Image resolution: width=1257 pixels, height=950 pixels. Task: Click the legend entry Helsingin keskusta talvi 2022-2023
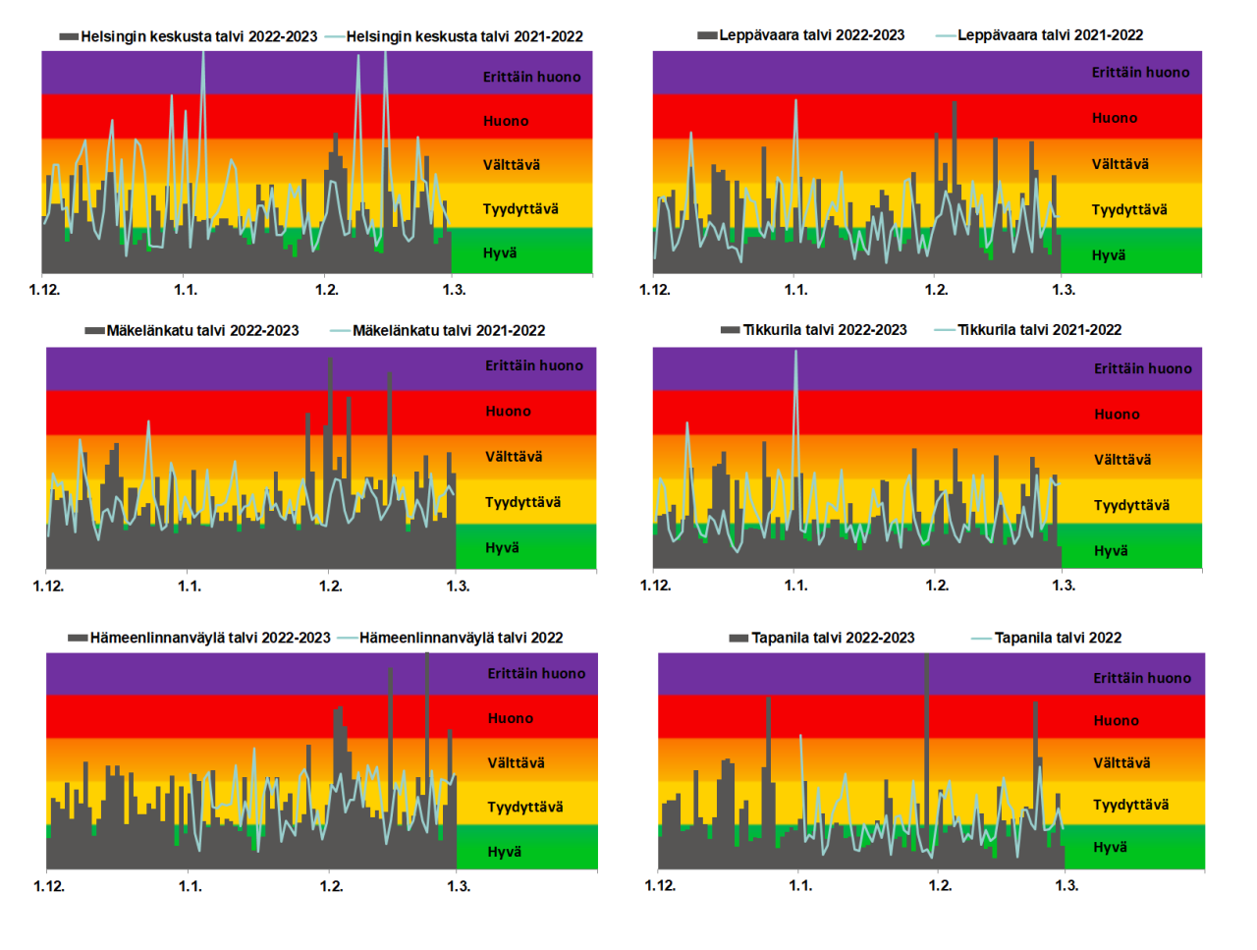pyautogui.click(x=198, y=36)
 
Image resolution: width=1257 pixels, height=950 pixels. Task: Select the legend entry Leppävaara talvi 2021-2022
pyautogui.click(x=1050, y=35)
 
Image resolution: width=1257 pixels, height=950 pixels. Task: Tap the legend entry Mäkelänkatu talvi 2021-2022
pyautogui.click(x=448, y=331)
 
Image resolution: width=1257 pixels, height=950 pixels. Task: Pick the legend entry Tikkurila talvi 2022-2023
pyautogui.click(x=824, y=330)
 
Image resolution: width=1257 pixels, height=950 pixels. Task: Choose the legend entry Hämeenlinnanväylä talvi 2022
pyautogui.click(x=461, y=638)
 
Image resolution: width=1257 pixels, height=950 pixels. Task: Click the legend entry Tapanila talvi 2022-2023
pyautogui.click(x=832, y=638)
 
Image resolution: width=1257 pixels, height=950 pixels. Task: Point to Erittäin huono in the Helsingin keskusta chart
pyautogui.click(x=531, y=77)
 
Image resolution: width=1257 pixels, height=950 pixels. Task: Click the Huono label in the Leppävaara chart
pyautogui.click(x=1115, y=118)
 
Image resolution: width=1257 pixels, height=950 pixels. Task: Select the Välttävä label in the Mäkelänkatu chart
pyautogui.click(x=514, y=457)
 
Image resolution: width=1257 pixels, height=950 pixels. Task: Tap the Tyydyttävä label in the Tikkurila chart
pyautogui.click(x=1131, y=505)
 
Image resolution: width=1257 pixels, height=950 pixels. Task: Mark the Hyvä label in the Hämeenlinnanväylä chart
pyautogui.click(x=505, y=852)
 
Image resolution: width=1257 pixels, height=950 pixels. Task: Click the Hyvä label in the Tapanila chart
pyautogui.click(x=1110, y=847)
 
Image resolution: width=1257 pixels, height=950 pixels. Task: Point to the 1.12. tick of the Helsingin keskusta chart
pyautogui.click(x=44, y=290)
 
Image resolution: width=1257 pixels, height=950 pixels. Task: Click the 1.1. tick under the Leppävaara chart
pyautogui.click(x=795, y=290)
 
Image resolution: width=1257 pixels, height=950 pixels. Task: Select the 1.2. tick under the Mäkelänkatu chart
pyautogui.click(x=330, y=587)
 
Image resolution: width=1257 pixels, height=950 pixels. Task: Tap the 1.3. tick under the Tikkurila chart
pyautogui.click(x=1064, y=586)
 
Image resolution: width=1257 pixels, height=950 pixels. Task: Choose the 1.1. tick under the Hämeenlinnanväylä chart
pyautogui.click(x=190, y=886)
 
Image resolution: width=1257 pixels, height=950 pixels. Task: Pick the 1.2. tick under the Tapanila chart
pyautogui.click(x=940, y=885)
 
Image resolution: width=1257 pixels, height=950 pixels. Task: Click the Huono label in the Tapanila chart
pyautogui.click(x=1117, y=720)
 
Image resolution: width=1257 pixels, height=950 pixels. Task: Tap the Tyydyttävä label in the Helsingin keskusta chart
pyautogui.click(x=520, y=209)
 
